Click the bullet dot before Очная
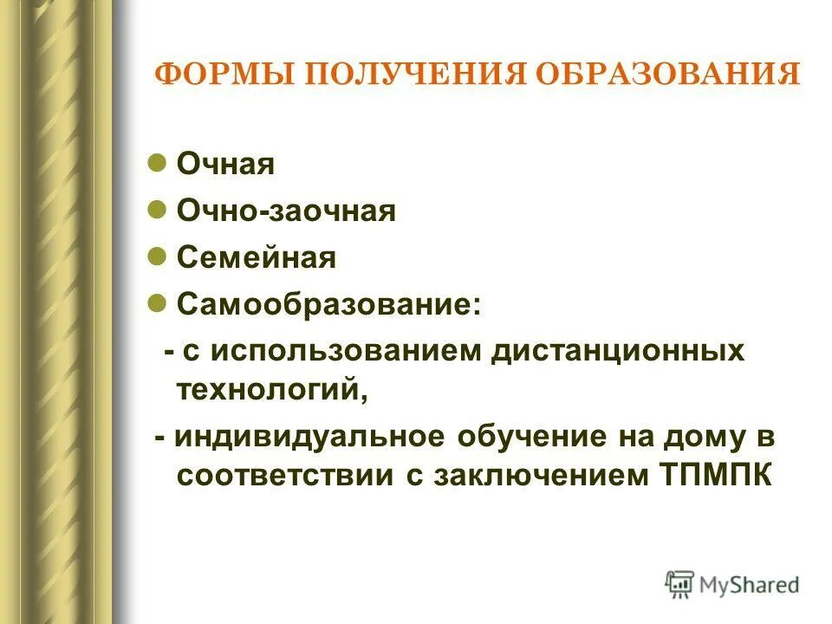(x=157, y=162)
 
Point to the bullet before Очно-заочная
(x=157, y=209)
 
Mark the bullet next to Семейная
(x=157, y=256)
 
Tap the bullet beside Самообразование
(x=157, y=302)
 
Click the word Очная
(x=225, y=165)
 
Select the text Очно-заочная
(x=286, y=211)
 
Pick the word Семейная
(x=256, y=258)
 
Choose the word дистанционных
(x=619, y=352)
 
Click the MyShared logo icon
(x=679, y=584)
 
